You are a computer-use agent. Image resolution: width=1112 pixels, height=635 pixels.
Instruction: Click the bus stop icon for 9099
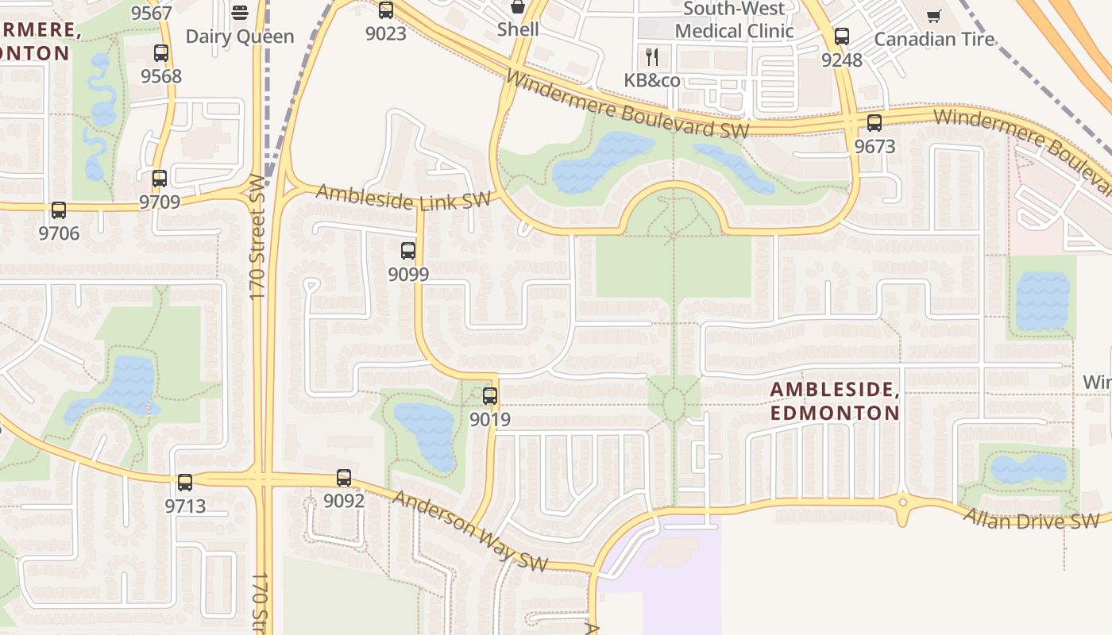[408, 251]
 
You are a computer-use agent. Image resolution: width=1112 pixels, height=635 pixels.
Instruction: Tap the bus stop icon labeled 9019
[490, 395]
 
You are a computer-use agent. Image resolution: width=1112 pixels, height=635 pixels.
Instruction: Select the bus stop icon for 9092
[344, 478]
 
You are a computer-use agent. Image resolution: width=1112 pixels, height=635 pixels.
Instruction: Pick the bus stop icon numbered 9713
[185, 482]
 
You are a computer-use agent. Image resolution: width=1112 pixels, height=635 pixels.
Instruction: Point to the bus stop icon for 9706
[59, 210]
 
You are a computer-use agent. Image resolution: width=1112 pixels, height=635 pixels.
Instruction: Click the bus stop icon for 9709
[160, 179]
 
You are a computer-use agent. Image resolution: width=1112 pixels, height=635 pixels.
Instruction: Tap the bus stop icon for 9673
[875, 123]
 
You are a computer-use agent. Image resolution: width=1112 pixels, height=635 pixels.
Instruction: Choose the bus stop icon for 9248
[842, 37]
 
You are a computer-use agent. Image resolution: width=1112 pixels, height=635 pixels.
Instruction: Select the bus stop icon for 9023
[386, 10]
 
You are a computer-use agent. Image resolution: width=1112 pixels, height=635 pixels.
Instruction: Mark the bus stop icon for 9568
[161, 53]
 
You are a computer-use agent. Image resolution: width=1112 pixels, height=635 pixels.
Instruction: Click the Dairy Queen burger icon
[240, 13]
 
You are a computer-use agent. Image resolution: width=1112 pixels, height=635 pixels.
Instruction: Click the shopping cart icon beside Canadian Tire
[934, 16]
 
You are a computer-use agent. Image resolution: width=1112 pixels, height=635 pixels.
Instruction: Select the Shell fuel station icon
[518, 7]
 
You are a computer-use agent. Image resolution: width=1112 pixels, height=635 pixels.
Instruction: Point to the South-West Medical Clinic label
[734, 21]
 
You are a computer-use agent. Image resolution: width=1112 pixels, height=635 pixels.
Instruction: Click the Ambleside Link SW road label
[403, 197]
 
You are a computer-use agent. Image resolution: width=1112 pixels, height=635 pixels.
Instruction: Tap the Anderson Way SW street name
[470, 530]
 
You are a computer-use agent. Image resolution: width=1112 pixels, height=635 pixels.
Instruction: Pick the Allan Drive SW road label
[1031, 518]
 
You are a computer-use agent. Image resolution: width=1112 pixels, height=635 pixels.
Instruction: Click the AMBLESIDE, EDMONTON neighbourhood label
[834, 401]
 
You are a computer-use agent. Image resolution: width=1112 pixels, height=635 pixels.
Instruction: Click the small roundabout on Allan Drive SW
[902, 502]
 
